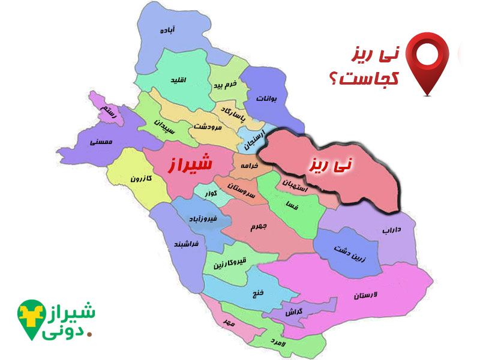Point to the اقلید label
point(178,80)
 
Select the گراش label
point(294,313)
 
